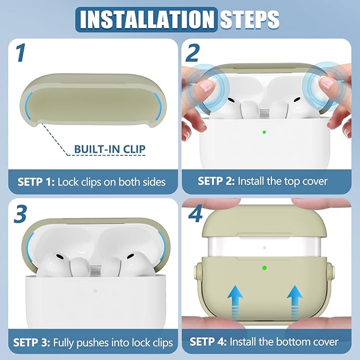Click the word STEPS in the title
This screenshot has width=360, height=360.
pyautogui.click(x=250, y=20)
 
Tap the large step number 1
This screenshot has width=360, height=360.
pyautogui.click(x=21, y=53)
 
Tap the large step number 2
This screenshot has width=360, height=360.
pyautogui.click(x=192, y=53)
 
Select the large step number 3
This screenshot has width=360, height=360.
pyautogui.click(x=20, y=214)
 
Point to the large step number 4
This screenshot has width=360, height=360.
pyautogui.click(x=195, y=214)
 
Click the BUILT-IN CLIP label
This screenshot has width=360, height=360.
pyautogui.click(x=110, y=149)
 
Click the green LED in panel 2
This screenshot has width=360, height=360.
pyautogui.click(x=264, y=132)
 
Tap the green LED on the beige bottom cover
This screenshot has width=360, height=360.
pyautogui.click(x=265, y=268)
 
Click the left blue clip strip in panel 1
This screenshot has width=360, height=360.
pyautogui.click(x=28, y=106)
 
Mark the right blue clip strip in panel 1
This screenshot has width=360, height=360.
pyautogui.click(x=157, y=106)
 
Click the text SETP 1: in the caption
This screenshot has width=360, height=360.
pyautogui.click(x=36, y=182)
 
